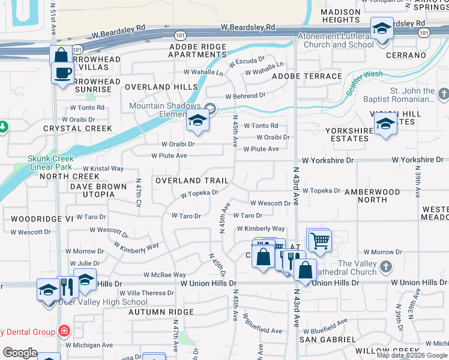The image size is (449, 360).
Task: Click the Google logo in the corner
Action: click(20, 353)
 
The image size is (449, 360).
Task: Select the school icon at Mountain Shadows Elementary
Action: click(196, 121)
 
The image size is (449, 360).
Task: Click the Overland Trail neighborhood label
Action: click(191, 181)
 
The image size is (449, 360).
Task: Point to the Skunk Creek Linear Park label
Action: click(50, 163)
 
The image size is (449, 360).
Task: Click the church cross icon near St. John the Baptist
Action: click(443, 94)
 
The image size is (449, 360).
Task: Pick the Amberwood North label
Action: click(372, 196)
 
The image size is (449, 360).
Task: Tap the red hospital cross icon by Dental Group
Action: click(64, 331)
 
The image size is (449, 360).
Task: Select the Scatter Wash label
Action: click(364, 84)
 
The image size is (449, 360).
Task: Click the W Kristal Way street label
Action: click(103, 169)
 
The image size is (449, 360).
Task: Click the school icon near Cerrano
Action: click(382, 28)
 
